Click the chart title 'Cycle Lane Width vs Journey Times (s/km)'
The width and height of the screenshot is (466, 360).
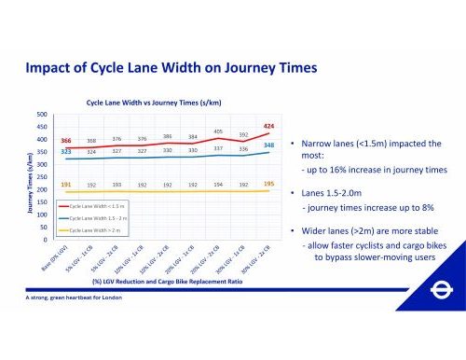154,103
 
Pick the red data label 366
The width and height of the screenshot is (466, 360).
66,140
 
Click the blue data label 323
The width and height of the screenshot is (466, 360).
66,151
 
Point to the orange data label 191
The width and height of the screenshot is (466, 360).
66,185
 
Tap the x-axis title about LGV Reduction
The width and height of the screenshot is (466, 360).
164,280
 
